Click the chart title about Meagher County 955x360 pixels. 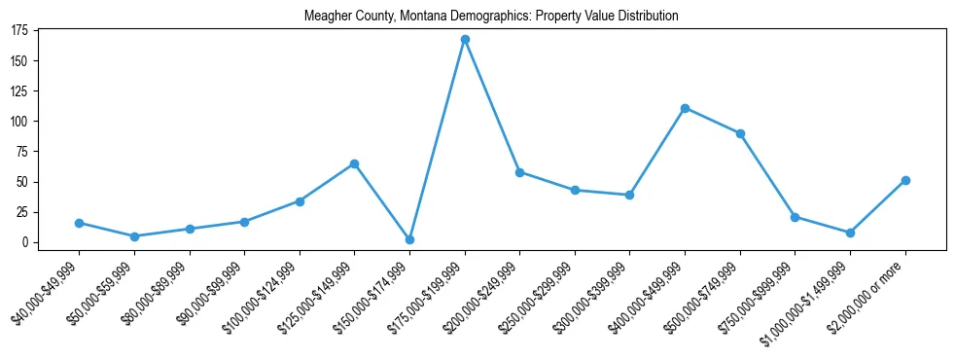pos(491,17)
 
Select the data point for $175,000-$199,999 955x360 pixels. pos(465,40)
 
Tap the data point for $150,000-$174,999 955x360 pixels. pos(409,239)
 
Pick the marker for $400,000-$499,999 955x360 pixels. pos(686,108)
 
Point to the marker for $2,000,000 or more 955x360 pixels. pos(905,180)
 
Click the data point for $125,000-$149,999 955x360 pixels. pos(355,163)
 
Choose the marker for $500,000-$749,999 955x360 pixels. pos(740,133)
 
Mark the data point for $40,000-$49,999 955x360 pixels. pos(79,223)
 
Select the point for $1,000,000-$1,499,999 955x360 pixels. pos(850,233)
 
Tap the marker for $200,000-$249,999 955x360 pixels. pos(520,172)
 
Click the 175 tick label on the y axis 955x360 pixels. pos(19,30)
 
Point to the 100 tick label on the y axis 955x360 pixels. pos(19,122)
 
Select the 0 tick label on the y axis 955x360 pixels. pos(26,242)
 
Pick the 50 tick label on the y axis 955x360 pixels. pos(22,182)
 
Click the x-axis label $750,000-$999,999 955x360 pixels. pos(759,293)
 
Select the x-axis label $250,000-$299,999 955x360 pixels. pos(538,293)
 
